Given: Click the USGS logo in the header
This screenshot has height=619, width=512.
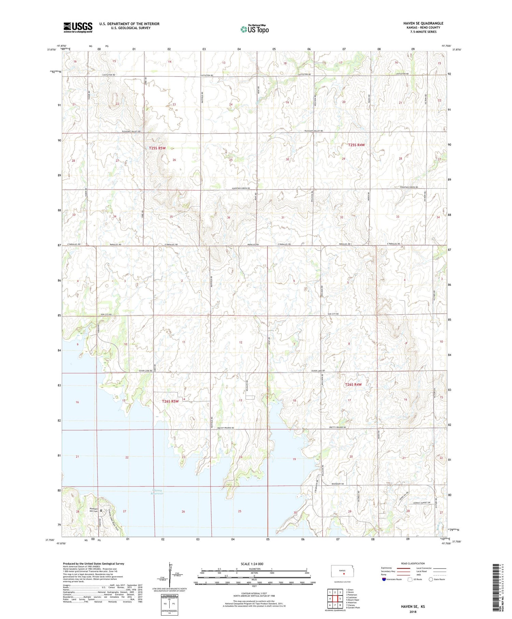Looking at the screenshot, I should tap(78, 27).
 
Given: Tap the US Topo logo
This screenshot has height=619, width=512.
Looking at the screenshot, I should tap(255, 29).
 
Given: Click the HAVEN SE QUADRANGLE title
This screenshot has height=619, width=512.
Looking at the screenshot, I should tap(423, 23).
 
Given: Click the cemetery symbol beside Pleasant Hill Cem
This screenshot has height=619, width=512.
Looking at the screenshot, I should tap(101, 511).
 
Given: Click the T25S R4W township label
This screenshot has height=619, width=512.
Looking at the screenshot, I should tap(356, 145).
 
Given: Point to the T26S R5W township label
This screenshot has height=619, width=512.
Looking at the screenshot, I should tap(170, 401).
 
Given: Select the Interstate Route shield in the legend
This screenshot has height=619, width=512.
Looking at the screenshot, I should tap(384, 579).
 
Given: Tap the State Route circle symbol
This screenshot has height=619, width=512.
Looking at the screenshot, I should tap(431, 579).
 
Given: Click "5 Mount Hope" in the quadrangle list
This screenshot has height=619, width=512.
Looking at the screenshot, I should tap(352, 600).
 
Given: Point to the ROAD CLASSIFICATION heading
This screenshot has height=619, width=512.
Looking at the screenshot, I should tap(413, 564).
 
